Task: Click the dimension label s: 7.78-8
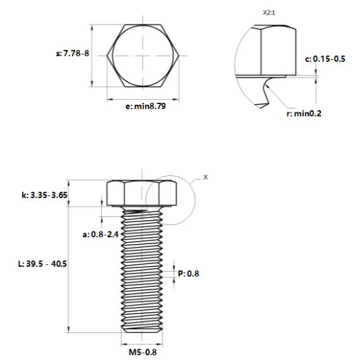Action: [x=73, y=54]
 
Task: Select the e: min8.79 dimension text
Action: [x=146, y=106]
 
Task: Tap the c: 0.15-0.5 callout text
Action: [x=325, y=59]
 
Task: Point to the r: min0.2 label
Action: [x=304, y=114]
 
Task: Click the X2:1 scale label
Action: [x=269, y=13]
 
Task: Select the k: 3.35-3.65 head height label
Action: [x=44, y=195]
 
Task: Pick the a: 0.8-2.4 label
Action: [x=100, y=235]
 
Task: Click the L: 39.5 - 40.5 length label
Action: [x=42, y=264]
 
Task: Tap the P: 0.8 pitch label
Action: [x=189, y=274]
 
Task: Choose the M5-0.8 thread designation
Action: [x=142, y=353]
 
